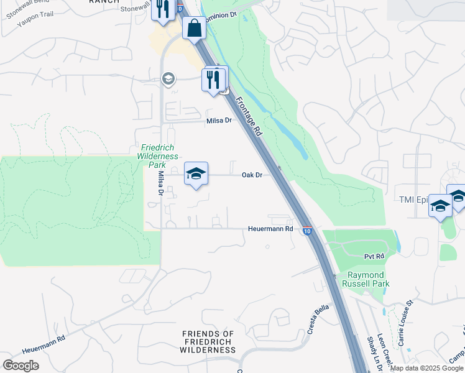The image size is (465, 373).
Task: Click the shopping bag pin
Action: click(194, 29)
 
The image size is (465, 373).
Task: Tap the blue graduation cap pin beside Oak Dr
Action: click(196, 175)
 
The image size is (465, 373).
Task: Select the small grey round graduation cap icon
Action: click(167, 78)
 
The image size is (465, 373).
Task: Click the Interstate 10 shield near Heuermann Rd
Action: click(307, 231)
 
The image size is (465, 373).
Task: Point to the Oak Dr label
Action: click(252, 175)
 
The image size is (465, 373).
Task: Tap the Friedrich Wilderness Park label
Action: click(158, 156)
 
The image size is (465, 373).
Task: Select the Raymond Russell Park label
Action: click(366, 279)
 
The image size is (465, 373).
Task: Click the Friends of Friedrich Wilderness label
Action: click(208, 342)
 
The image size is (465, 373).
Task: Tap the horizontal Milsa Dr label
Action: click(219, 121)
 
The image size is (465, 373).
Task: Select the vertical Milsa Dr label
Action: click(160, 185)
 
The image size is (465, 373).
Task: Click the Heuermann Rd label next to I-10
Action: click(272, 229)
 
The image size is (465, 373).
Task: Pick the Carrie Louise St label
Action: click(405, 323)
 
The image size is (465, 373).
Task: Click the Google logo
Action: click(21, 365)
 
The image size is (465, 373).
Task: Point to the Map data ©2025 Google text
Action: click(426, 368)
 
